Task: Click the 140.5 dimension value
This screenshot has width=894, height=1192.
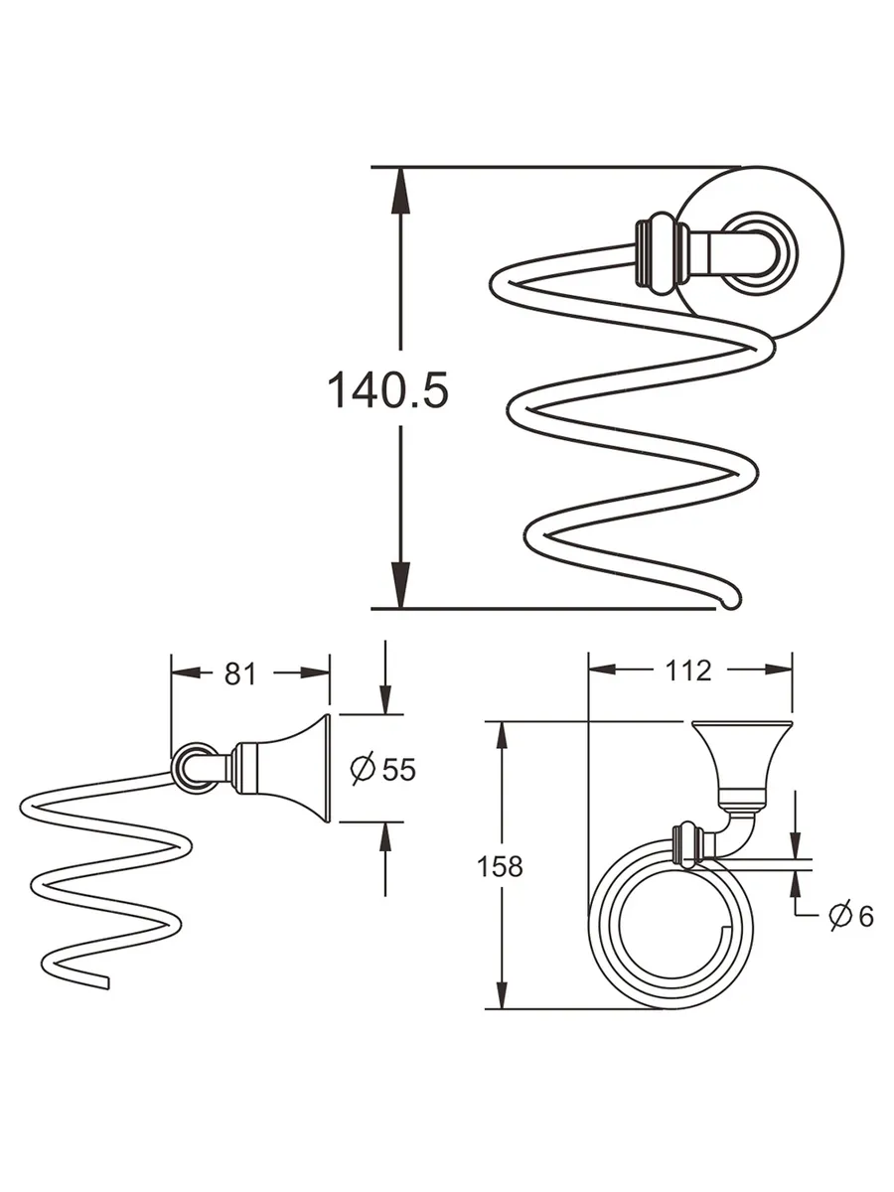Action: tap(387, 390)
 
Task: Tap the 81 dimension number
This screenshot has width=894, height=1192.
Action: tap(239, 673)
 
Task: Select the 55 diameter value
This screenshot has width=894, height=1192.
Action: tap(398, 769)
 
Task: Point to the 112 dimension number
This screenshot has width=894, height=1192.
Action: tap(689, 670)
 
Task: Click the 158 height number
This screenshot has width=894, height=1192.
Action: tap(499, 866)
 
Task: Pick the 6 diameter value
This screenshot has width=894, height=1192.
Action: tap(864, 916)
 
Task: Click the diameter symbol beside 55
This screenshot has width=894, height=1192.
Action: tap(363, 768)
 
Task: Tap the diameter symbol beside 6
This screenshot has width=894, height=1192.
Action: tap(839, 915)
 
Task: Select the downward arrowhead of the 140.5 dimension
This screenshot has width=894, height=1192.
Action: tap(399, 586)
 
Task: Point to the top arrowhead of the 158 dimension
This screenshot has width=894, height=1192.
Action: tap(505, 737)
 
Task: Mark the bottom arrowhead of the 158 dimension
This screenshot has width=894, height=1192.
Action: tap(505, 993)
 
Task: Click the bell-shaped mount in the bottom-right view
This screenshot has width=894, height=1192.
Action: tap(740, 755)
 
